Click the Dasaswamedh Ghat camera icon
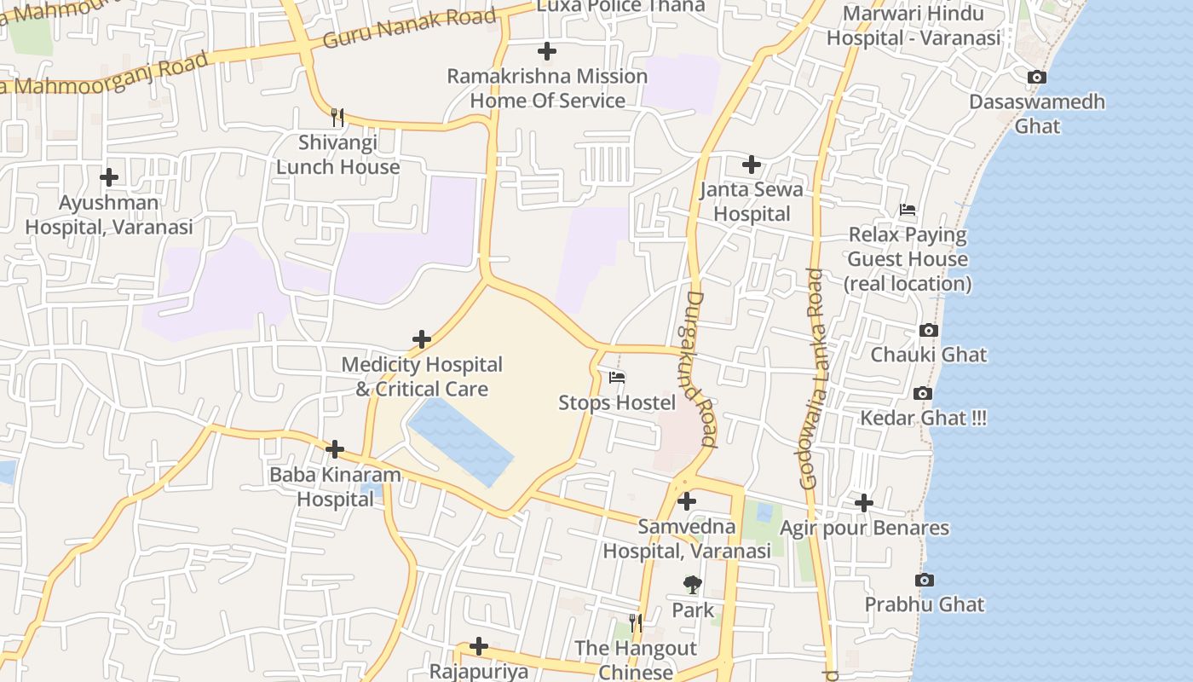click(1036, 78)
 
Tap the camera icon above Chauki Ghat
click(929, 330)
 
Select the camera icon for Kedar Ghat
click(922, 393)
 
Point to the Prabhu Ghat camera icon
click(925, 580)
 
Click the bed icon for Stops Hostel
click(617, 378)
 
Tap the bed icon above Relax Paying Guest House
click(908, 210)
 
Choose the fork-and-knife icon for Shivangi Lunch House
click(337, 118)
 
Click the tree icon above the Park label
click(693, 585)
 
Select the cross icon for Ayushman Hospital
click(109, 177)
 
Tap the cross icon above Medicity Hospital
click(421, 339)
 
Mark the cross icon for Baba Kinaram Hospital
click(335, 449)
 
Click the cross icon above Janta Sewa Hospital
click(751, 165)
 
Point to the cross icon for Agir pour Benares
click(863, 503)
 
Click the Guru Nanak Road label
click(409, 28)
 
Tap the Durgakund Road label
click(701, 369)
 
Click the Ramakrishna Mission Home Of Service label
click(547, 88)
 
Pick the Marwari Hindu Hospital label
click(913, 26)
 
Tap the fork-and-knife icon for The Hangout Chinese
click(636, 623)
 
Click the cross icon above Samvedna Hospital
click(687, 501)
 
